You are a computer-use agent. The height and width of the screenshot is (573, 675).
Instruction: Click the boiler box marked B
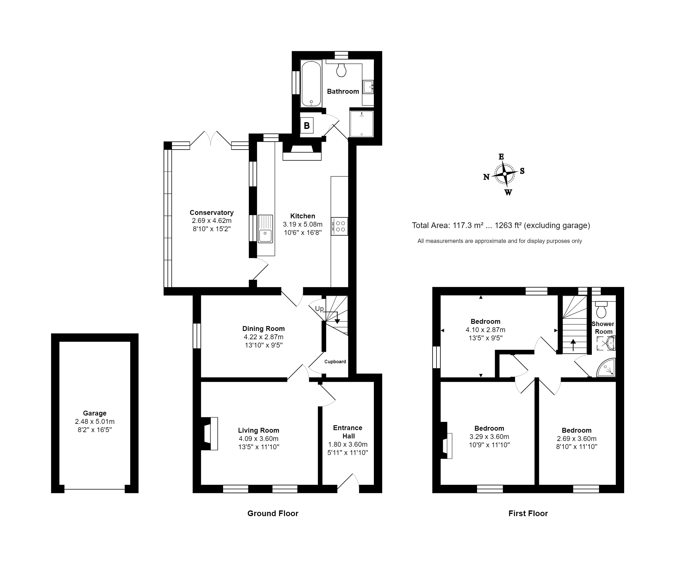[x=307, y=125]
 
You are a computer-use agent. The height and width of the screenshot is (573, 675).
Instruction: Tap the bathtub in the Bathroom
[x=311, y=84]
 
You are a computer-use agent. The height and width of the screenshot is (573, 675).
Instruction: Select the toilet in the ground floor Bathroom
[x=341, y=70]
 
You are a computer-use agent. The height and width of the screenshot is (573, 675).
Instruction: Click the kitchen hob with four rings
[x=340, y=226]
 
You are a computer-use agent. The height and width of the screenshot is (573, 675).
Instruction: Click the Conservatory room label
[x=211, y=212]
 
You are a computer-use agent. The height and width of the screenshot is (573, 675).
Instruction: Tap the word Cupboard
[x=335, y=362]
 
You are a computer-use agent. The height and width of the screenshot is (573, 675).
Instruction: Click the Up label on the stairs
[x=319, y=309]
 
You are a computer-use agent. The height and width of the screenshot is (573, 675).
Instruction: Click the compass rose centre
[x=504, y=174]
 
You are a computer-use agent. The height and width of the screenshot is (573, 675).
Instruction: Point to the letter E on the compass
[x=501, y=157]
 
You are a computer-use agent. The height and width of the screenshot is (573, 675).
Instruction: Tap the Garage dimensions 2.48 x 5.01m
[x=95, y=422]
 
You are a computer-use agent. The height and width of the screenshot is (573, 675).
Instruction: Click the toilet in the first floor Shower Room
[x=601, y=310]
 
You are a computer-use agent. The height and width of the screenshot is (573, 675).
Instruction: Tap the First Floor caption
[x=528, y=513]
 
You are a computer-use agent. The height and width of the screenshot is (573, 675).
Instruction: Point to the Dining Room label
[x=263, y=328]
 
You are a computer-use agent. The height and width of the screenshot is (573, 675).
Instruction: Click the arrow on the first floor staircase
[x=573, y=345]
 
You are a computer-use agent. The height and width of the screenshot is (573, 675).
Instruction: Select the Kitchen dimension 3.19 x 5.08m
[x=303, y=224]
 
